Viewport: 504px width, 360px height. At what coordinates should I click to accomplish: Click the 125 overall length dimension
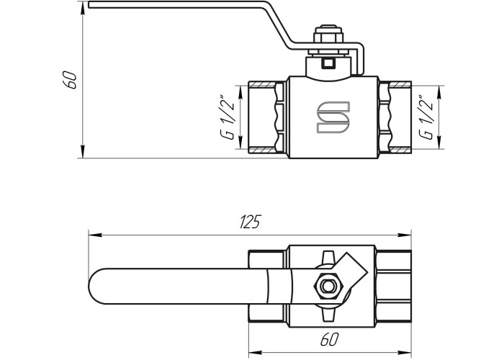pos(250,222)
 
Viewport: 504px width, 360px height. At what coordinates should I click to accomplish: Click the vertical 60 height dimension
pos(70,80)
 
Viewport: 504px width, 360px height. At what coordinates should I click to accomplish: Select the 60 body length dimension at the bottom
pos(330,339)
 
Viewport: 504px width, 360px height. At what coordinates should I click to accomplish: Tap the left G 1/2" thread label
pos(228,117)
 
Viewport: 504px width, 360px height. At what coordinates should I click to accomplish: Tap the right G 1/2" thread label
pos(426,117)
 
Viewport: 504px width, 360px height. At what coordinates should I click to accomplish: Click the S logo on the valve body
pos(333,117)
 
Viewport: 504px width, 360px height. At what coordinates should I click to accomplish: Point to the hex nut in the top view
pos(328,286)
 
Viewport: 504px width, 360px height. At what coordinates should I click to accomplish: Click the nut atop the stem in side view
pos(328,34)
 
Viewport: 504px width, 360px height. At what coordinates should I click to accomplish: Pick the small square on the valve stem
pos(328,63)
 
